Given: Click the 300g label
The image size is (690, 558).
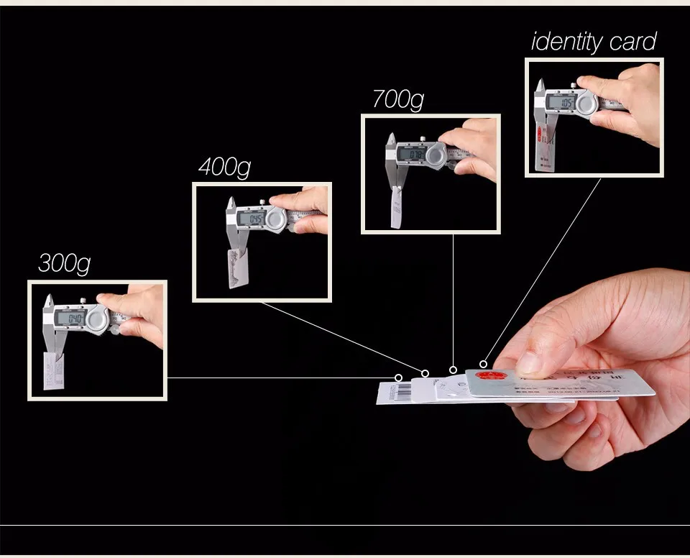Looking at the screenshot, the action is click(x=64, y=263).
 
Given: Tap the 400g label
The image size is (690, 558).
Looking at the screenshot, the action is click(x=224, y=168).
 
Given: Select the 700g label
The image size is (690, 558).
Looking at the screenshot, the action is click(x=398, y=99).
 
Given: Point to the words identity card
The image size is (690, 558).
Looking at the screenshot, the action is click(x=594, y=42).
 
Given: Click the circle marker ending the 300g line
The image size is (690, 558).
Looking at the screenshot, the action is click(x=399, y=378).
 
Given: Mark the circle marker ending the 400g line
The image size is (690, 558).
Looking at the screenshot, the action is click(x=425, y=373).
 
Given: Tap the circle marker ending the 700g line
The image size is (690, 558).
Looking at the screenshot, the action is click(x=453, y=370).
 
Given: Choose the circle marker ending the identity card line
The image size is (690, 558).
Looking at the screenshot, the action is click(x=484, y=364).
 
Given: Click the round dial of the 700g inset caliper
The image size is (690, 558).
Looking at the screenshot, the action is click(x=436, y=156).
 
